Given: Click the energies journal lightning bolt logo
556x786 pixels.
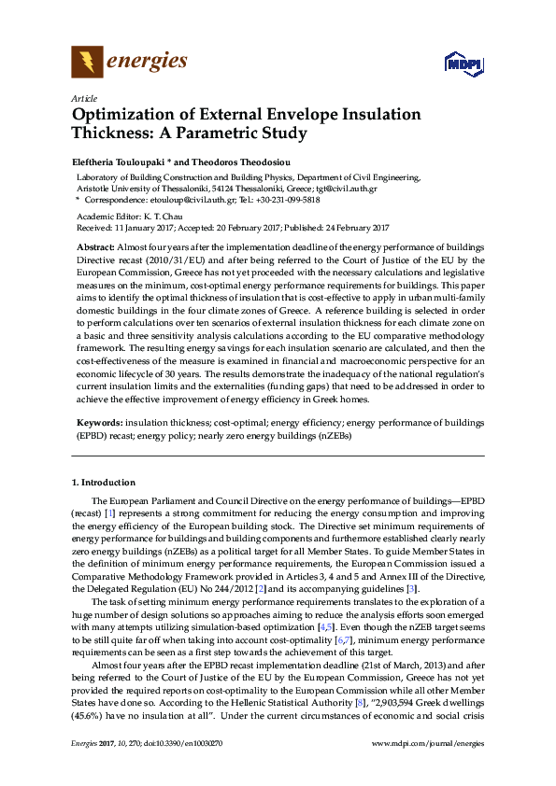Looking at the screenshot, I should click(x=87, y=63).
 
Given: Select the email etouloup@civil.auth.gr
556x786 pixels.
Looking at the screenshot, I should click(x=190, y=200).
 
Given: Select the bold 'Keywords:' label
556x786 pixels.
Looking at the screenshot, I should click(x=98, y=421).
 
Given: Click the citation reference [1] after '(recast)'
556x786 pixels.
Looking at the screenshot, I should click(x=110, y=512).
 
